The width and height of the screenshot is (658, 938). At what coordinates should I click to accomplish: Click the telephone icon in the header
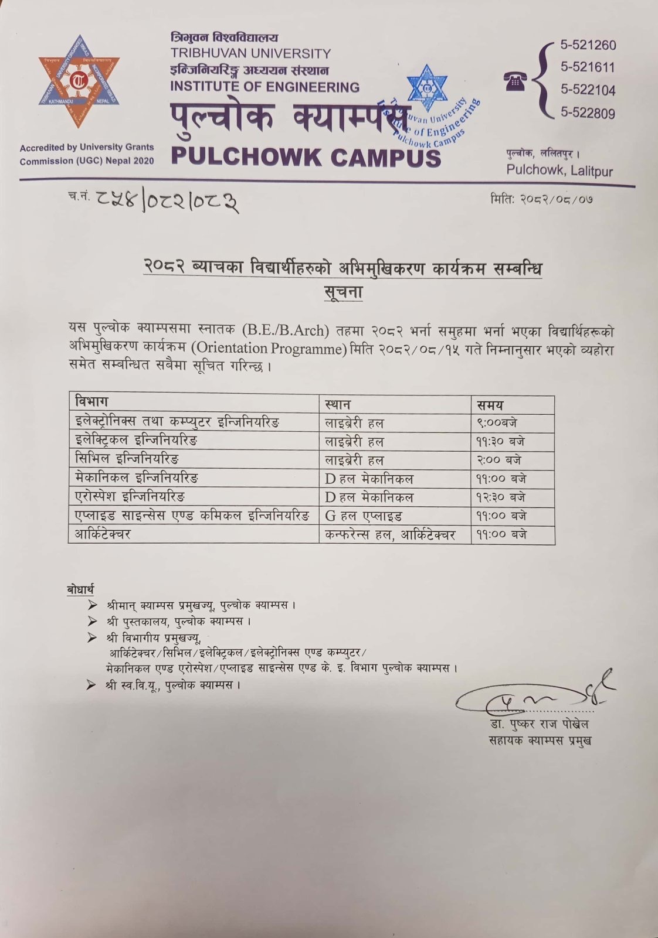(x=515, y=82)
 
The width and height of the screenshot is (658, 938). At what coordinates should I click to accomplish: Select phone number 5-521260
(x=588, y=45)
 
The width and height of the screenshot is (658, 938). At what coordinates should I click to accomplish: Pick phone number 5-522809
(x=588, y=112)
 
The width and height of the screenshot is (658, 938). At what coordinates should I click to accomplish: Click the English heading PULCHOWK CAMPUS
(x=306, y=157)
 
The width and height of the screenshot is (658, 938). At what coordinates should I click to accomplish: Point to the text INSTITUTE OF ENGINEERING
(x=264, y=87)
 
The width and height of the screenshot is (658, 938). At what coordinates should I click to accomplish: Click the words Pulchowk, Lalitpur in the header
(x=559, y=170)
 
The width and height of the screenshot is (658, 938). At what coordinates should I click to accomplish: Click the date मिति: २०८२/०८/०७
(x=541, y=199)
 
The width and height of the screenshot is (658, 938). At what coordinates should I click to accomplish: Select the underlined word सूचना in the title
(x=343, y=292)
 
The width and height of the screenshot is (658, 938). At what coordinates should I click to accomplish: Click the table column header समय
(x=490, y=405)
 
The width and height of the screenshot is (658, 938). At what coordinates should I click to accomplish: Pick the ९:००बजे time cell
(x=497, y=422)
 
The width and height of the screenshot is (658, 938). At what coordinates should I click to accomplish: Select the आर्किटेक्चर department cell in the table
(x=103, y=534)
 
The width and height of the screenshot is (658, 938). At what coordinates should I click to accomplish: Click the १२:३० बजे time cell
(x=500, y=497)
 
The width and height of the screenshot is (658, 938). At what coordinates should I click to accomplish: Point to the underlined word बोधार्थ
(x=80, y=589)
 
